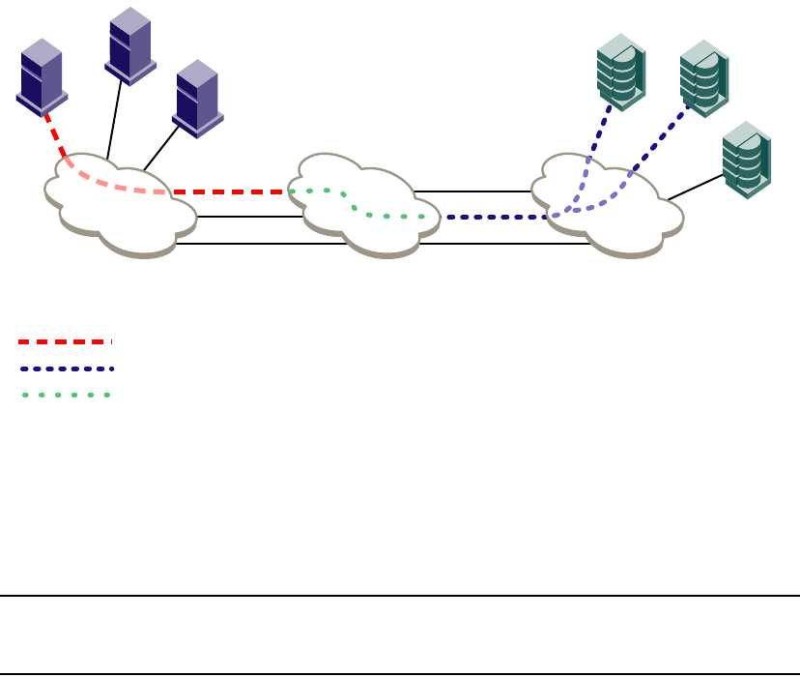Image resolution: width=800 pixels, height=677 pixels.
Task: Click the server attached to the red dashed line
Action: coord(42,74)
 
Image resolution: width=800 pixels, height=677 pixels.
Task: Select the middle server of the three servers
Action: coord(129,44)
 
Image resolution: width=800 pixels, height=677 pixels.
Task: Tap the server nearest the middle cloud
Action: coord(197,96)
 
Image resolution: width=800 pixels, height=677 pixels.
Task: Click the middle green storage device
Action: coord(703,75)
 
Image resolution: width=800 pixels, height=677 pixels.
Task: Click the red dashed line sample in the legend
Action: coord(65,341)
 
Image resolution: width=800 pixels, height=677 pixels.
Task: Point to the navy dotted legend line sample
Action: coord(65,368)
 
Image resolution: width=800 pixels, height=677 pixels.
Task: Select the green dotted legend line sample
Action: coord(65,395)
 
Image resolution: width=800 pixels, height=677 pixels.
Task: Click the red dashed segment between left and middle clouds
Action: coord(232,191)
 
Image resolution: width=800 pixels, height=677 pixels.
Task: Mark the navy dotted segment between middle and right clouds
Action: coord(493,217)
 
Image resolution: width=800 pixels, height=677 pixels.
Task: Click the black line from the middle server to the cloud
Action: coord(115,121)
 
